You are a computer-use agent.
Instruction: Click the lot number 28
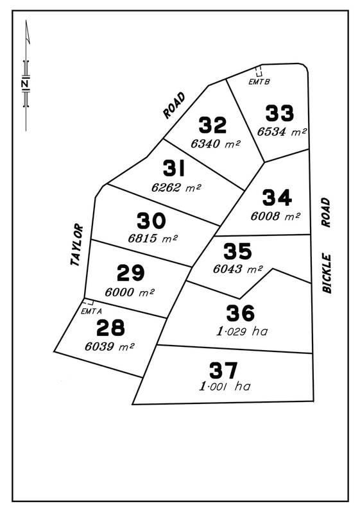pos(110,328)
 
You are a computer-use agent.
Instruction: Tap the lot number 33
pos(280,114)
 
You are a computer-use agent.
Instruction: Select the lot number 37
pos(223,370)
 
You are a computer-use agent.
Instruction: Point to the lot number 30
pos(151,221)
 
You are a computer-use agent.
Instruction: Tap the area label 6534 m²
pos(282,131)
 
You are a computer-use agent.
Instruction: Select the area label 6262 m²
pos(176,188)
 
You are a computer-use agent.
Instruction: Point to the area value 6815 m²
pos(153,239)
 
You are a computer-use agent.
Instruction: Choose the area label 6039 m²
pos(109,346)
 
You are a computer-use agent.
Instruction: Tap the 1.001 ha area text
pos(224,387)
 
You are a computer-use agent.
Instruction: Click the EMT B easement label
pos(259,81)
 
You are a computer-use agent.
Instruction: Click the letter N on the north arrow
pos(25,84)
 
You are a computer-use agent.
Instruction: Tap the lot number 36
pos(241,314)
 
